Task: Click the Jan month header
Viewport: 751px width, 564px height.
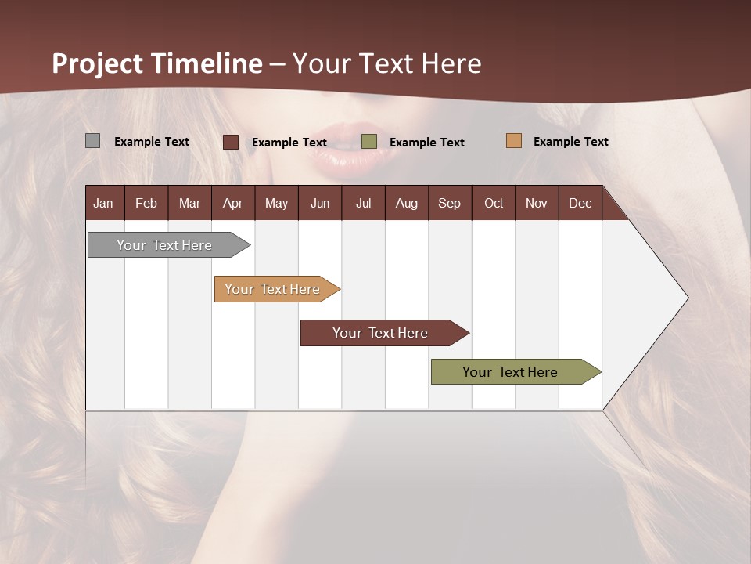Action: tap(104, 203)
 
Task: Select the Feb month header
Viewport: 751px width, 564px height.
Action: tap(146, 203)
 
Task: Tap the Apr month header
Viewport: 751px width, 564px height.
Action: tap(232, 203)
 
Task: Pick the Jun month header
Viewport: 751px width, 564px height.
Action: tap(320, 203)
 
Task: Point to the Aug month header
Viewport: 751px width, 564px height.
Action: tap(406, 203)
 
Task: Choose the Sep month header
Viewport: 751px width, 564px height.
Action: tap(449, 203)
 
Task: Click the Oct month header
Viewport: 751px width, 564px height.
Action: tap(494, 203)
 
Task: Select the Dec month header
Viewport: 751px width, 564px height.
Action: tap(580, 203)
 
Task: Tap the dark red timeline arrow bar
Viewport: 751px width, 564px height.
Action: tap(381, 333)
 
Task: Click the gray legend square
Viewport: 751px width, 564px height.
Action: tap(92, 141)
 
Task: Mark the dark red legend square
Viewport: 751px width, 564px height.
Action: tap(231, 142)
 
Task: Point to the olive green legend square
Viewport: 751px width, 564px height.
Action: tap(369, 142)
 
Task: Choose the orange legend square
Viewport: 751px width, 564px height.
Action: tap(513, 141)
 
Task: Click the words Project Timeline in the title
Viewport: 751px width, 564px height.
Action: tap(157, 63)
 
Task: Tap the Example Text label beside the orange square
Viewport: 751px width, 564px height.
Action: tap(570, 142)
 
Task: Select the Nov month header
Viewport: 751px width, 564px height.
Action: tap(537, 203)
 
